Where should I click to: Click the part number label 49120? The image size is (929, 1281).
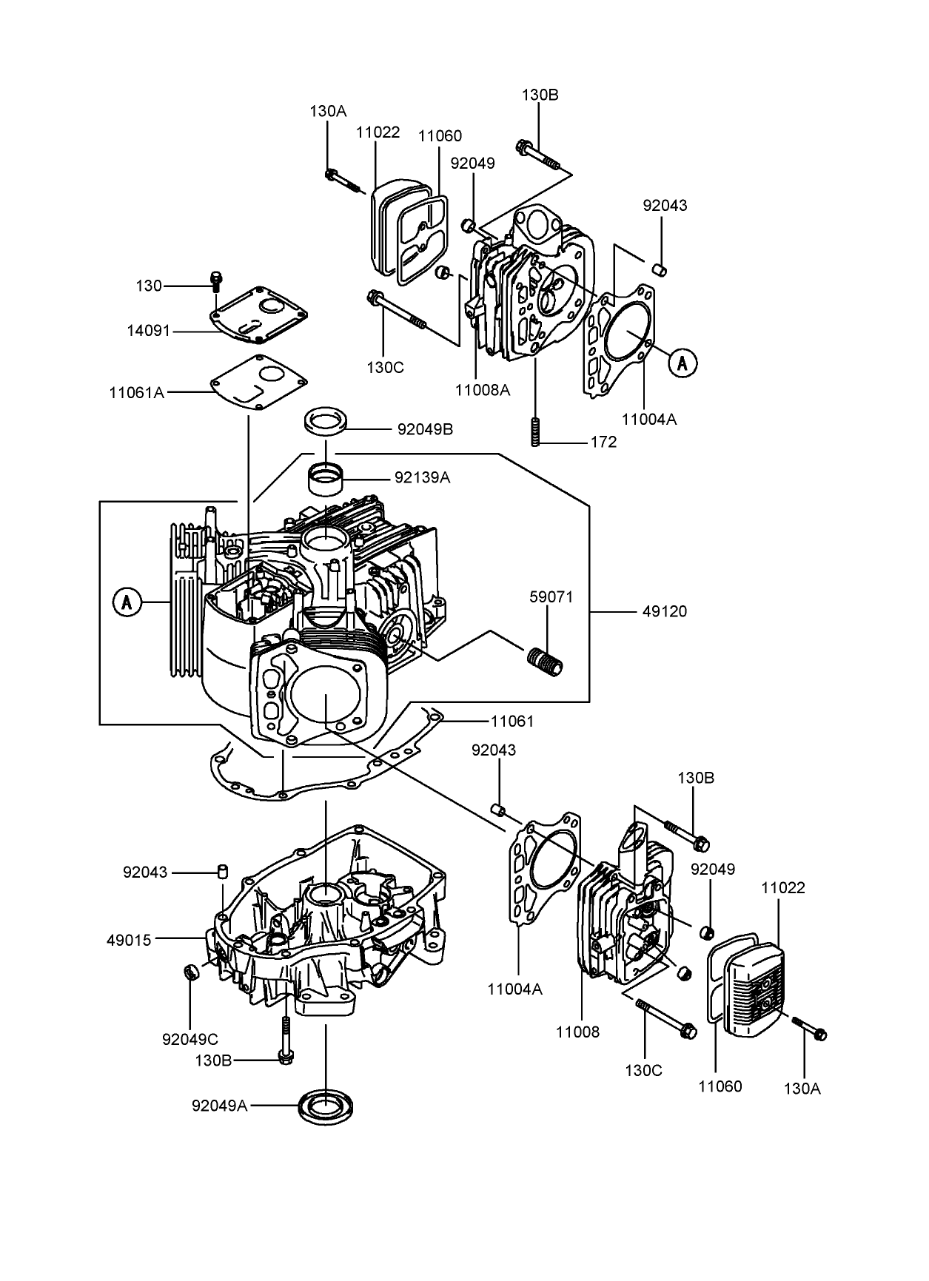pos(664,611)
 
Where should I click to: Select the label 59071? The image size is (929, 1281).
pos(550,597)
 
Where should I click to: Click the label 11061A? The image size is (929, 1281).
pos(136,393)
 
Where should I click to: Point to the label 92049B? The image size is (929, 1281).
pos(425,428)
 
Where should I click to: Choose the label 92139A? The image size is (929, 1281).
pos(422,477)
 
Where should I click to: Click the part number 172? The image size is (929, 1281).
pos(603,442)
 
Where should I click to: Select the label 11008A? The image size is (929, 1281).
pos(482,390)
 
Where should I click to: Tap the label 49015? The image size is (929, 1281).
pos(129,940)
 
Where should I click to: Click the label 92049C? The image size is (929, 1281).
pos(190,1039)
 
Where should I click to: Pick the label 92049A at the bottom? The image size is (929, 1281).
pos(219,1106)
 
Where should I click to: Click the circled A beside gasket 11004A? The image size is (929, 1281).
pos(683,363)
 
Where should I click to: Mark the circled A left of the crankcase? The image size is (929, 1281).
pos(127,602)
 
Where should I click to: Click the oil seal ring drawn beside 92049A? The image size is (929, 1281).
pos(325,1106)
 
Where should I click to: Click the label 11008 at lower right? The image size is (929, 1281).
pos(578,1032)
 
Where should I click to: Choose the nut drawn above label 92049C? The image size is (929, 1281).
pos(190,972)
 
